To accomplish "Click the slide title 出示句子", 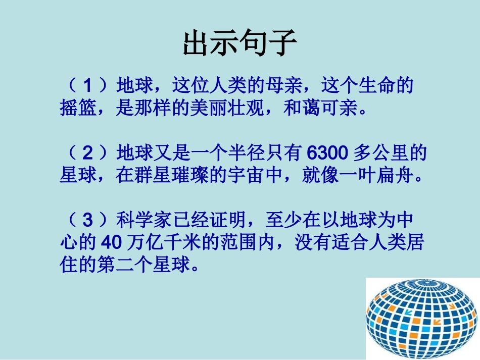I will tap(239, 43).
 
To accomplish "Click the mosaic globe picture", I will tap(422, 318).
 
